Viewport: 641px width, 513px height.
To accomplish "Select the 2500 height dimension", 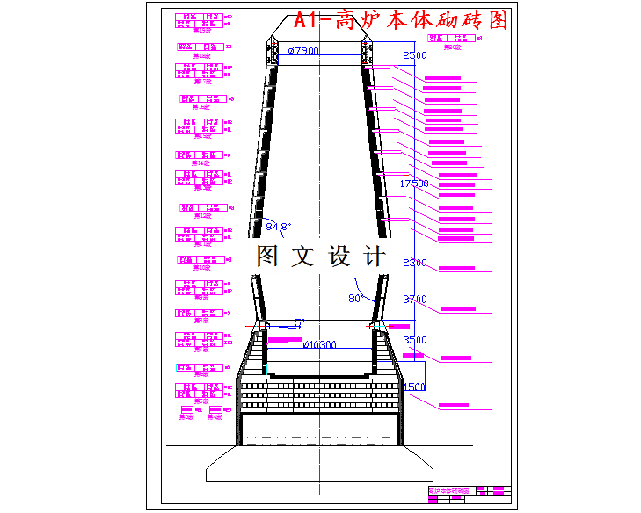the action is [413, 56].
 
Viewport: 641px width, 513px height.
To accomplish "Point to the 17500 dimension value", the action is [414, 184].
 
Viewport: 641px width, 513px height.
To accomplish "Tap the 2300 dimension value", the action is [414, 263].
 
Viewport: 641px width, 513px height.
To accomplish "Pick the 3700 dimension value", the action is [414, 300].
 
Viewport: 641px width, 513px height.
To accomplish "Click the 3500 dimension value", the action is [414, 340].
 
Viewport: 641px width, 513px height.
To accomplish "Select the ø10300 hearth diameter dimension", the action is [320, 345].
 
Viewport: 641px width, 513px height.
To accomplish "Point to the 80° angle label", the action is [356, 298].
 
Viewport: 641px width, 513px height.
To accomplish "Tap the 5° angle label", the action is [299, 322].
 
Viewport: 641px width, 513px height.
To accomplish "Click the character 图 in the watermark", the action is [268, 256].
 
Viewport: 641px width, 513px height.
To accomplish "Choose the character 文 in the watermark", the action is [303, 256].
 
